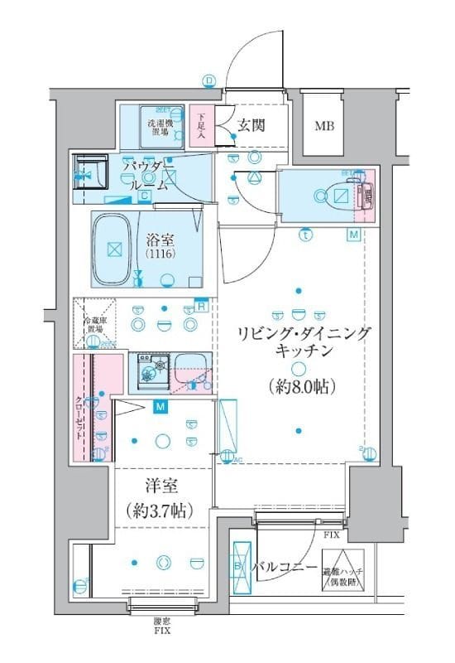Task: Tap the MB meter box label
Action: click(324, 127)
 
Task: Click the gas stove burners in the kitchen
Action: click(151, 367)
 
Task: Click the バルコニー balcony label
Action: click(285, 569)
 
